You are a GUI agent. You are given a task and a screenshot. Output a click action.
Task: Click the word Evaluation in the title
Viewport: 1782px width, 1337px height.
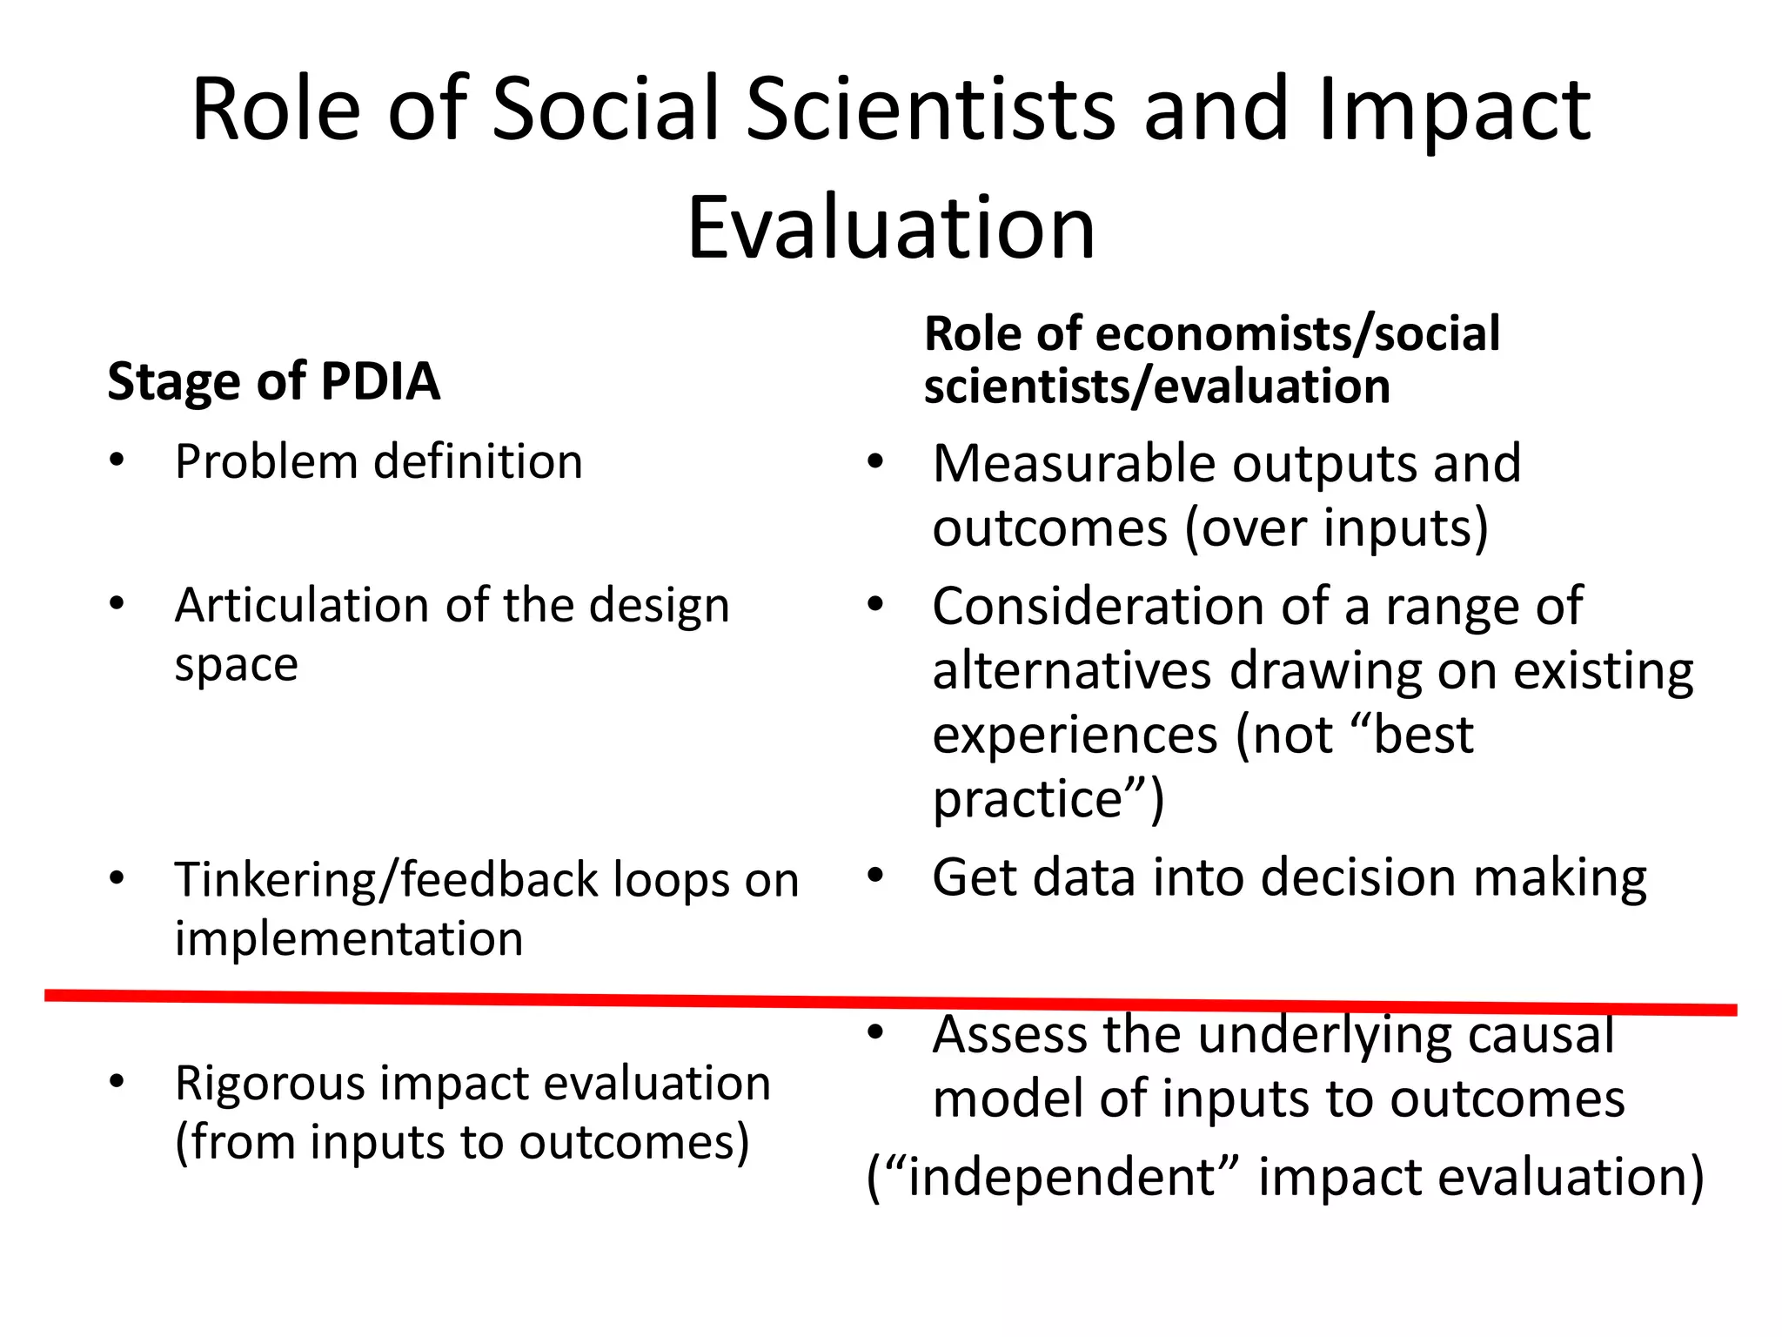[x=891, y=228]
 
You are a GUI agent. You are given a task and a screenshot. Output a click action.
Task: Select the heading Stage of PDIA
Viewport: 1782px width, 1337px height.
[x=273, y=381]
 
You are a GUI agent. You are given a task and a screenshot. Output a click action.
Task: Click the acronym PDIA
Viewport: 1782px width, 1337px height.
[x=380, y=381]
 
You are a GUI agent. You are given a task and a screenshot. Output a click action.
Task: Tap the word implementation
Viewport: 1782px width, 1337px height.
[x=349, y=938]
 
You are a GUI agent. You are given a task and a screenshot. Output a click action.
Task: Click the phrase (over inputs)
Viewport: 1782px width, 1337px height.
[x=1336, y=528]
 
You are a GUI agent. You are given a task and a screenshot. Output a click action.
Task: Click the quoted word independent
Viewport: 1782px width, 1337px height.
[x=1062, y=1177]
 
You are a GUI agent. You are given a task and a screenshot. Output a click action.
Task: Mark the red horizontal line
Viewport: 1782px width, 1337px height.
[x=891, y=1002]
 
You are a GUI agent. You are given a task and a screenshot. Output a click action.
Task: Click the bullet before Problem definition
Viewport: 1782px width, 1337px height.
[x=117, y=460]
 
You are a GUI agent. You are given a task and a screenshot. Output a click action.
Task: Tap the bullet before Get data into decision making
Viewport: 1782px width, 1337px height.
[x=875, y=876]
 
